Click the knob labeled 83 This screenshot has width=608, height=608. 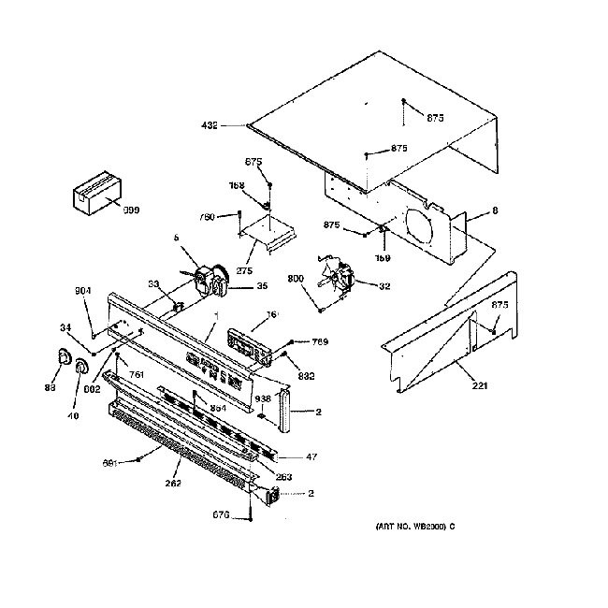[64, 357]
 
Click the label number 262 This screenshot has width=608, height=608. [174, 483]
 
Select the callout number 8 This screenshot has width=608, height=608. [495, 212]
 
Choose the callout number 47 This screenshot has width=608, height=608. [311, 457]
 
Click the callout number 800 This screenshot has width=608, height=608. [296, 278]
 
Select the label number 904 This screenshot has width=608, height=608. [84, 291]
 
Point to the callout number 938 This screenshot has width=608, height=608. [264, 398]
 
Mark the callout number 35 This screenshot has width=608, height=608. [262, 286]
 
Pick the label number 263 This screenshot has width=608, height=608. [284, 477]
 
